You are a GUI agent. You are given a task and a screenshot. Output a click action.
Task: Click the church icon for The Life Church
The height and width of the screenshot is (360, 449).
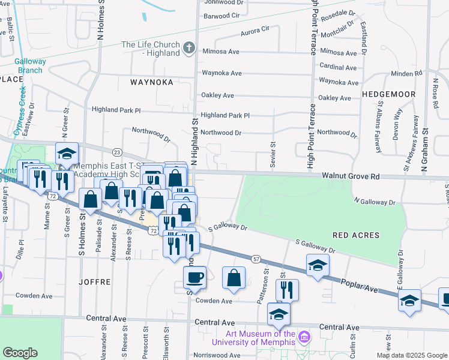click(189, 48)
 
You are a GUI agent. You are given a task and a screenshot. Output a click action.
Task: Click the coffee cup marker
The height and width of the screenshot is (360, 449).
click(194, 277)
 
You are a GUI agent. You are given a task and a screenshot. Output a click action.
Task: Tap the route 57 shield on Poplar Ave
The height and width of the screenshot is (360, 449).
click(256, 259)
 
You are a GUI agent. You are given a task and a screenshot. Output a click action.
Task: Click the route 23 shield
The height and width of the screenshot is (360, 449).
click(117, 152)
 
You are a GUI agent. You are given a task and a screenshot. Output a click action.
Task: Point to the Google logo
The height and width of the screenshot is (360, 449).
click(20, 353)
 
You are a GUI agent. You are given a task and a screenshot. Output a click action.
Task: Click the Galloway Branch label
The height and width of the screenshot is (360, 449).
click(21, 66)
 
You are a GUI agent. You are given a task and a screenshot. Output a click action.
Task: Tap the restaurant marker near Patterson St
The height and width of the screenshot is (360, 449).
click(288, 289)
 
